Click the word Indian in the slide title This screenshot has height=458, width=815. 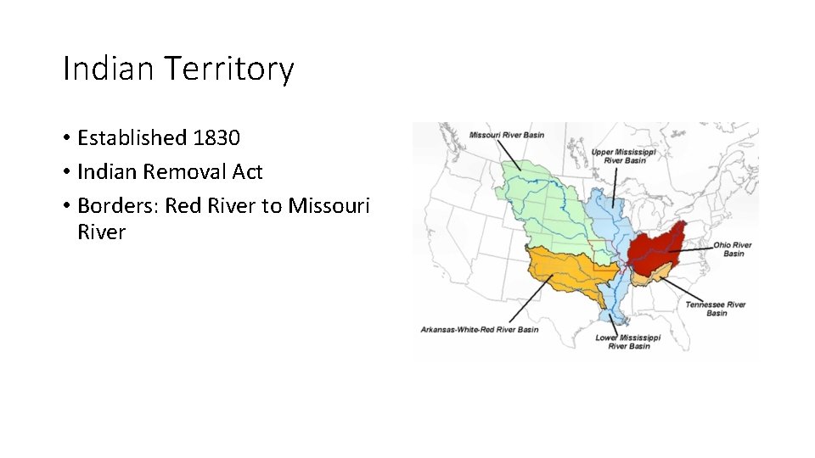pos(107,69)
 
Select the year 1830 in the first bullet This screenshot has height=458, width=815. pos(216,137)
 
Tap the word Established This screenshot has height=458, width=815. pos(132,137)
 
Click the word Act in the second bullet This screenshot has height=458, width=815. pos(247,172)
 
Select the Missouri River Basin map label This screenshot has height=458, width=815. pos(507,135)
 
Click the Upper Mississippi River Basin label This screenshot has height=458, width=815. pos(624,156)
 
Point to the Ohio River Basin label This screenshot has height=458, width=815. pos(733,249)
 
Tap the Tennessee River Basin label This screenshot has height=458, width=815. pos(716,309)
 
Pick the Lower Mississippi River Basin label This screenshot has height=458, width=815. pos(628,342)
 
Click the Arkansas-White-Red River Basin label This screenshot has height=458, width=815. pos(480,329)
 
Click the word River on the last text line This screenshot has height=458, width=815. pos(101,232)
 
